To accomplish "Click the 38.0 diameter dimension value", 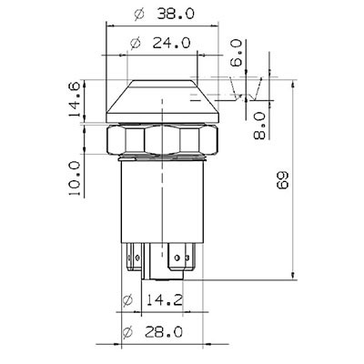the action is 177,14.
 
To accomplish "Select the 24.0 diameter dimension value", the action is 171,43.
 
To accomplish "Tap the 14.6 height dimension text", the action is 74,99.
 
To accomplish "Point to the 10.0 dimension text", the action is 75,178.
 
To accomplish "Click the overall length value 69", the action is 282,180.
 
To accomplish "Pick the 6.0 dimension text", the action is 236,53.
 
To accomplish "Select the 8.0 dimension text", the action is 259,126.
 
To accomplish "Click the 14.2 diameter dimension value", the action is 165,300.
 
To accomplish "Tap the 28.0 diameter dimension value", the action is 164,332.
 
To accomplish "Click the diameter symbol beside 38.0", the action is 139,15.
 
